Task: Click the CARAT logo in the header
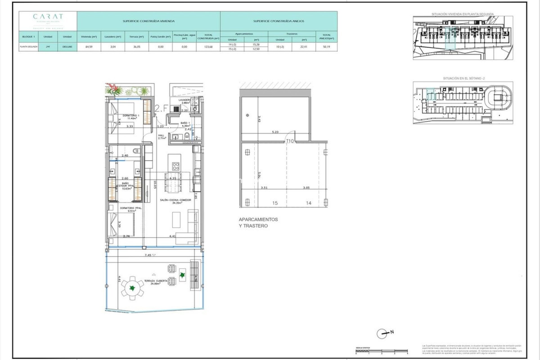48,17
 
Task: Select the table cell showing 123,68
208,47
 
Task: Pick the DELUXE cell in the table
67,47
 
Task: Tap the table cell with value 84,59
89,47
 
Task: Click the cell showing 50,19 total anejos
327,47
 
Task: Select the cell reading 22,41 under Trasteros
304,47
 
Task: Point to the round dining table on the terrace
132,288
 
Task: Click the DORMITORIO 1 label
131,117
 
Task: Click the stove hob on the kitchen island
175,166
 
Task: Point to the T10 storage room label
290,141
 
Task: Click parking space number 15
275,203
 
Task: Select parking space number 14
309,203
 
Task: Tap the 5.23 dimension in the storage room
275,132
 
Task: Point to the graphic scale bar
381,351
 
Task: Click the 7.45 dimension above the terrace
148,255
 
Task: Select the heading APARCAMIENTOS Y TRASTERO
258,222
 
